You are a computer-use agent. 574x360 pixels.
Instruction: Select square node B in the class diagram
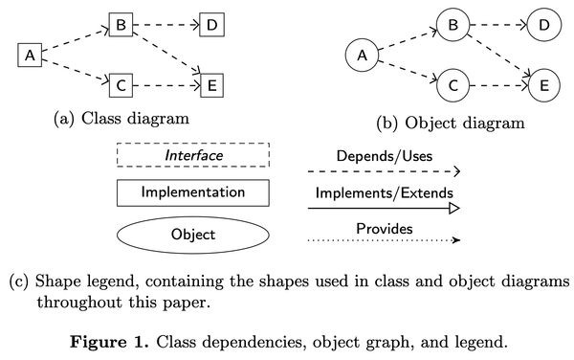pyautogui.click(x=120, y=24)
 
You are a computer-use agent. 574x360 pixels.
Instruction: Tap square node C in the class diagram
pyautogui.click(x=120, y=85)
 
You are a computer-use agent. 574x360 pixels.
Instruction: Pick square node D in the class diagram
pyautogui.click(x=210, y=24)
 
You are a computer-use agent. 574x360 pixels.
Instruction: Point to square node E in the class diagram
pyautogui.click(x=210, y=85)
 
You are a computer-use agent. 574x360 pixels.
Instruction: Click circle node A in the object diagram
pyautogui.click(x=363, y=56)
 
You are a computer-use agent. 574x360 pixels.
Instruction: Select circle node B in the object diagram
pyautogui.click(x=453, y=24)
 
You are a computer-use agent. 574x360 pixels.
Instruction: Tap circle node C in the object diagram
pyautogui.click(x=453, y=86)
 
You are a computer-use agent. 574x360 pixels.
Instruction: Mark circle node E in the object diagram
pyautogui.click(x=542, y=86)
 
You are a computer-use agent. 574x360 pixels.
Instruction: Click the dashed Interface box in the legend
pyautogui.click(x=192, y=155)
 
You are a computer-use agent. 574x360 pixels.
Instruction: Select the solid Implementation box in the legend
pyautogui.click(x=192, y=192)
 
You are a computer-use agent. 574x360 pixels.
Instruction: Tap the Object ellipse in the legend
pyautogui.click(x=192, y=233)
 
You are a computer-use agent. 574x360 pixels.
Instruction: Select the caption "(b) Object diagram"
pyautogui.click(x=451, y=123)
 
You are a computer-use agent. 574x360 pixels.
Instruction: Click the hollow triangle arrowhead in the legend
pyautogui.click(x=455, y=207)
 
